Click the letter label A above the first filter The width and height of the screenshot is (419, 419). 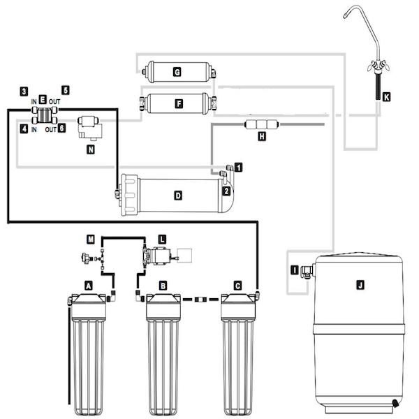(89, 286)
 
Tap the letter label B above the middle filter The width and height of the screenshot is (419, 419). (163, 286)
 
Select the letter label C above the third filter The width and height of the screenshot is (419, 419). (237, 286)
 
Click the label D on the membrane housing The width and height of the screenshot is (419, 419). (178, 196)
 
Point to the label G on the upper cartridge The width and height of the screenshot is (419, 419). (177, 72)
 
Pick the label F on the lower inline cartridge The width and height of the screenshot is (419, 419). (179, 103)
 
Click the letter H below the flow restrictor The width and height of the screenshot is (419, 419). (262, 136)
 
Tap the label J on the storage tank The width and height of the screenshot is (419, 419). (360, 285)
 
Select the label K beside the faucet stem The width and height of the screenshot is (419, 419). (386, 97)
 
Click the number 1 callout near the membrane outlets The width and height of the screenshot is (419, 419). (238, 168)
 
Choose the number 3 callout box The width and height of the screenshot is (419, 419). (24, 91)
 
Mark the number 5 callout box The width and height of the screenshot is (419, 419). (66, 90)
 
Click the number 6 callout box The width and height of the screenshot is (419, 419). (61, 128)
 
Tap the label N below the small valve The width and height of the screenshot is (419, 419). (91, 149)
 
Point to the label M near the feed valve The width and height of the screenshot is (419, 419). (91, 239)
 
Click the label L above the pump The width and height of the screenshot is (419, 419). (162, 239)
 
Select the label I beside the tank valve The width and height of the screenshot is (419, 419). (295, 270)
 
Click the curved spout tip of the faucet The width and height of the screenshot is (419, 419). (345, 16)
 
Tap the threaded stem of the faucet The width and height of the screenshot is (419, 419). (378, 87)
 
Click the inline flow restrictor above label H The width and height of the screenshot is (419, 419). (262, 124)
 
